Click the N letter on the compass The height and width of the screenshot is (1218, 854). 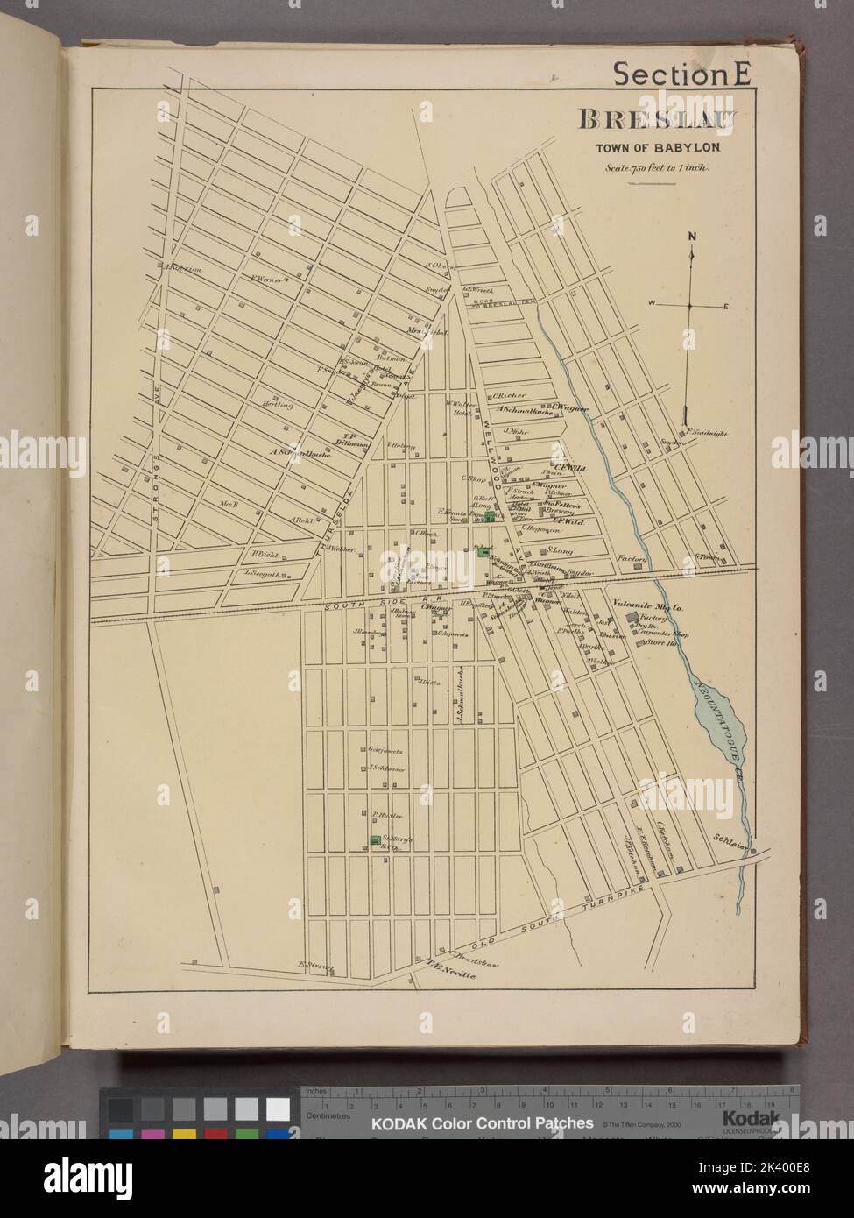point(691,236)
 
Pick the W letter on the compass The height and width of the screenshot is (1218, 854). point(652,304)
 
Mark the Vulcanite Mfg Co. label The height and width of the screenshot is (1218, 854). point(648,604)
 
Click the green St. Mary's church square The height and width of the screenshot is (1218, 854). point(376,841)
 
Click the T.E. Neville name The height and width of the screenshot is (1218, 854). point(448,969)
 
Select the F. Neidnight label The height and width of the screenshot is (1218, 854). point(706,433)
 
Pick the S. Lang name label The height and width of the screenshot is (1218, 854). point(559,550)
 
